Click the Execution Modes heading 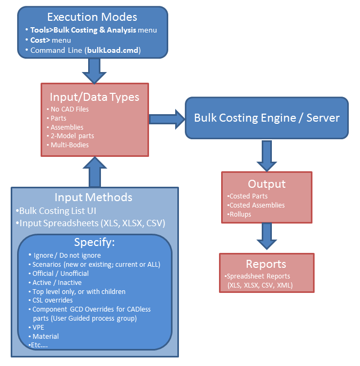[92, 17]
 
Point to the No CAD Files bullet [69, 109]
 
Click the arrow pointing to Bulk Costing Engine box [167, 118]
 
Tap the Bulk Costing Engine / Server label [267, 117]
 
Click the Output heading [267, 184]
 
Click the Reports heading [266, 264]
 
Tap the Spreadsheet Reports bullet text [259, 276]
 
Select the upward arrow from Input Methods [94, 172]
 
